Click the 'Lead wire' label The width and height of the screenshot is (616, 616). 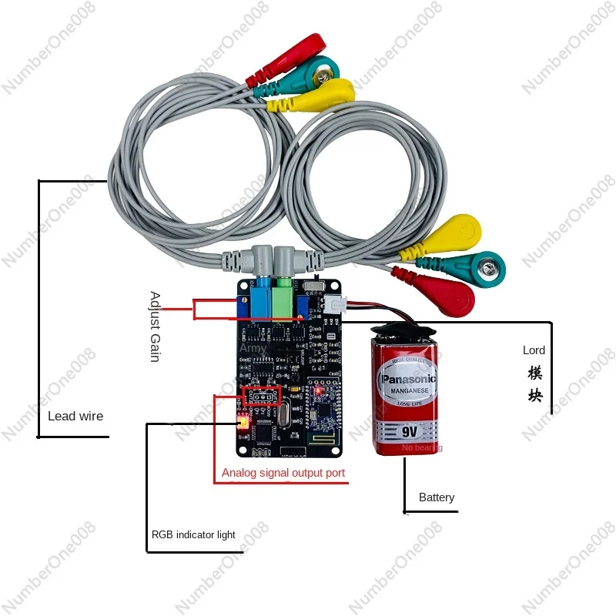click(75, 416)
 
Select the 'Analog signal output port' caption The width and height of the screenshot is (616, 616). click(283, 473)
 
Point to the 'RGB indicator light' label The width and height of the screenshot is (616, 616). click(193, 534)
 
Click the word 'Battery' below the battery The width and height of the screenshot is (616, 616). click(437, 497)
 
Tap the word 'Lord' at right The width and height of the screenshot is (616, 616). click(534, 350)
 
